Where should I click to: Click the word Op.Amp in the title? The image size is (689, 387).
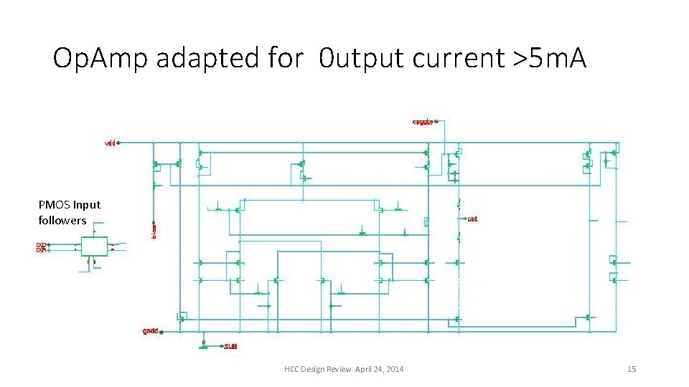pyautogui.click(x=98, y=59)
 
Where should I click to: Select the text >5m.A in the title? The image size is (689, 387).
pyautogui.click(x=549, y=59)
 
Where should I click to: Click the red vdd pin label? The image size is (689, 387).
pyautogui.click(x=111, y=143)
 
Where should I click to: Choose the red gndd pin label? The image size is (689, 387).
pyautogui.click(x=150, y=331)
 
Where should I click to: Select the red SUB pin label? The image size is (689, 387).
pyautogui.click(x=230, y=346)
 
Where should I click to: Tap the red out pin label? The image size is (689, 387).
pyautogui.click(x=472, y=219)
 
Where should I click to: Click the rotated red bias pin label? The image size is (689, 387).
pyautogui.click(x=154, y=230)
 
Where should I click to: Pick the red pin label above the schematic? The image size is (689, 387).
pyautogui.click(x=422, y=121)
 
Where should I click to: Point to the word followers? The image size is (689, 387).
pyautogui.click(x=62, y=221)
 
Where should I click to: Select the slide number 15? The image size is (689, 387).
pyautogui.click(x=632, y=369)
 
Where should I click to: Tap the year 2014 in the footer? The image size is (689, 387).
pyautogui.click(x=394, y=369)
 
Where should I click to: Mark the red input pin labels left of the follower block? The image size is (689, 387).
pyautogui.click(x=41, y=247)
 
